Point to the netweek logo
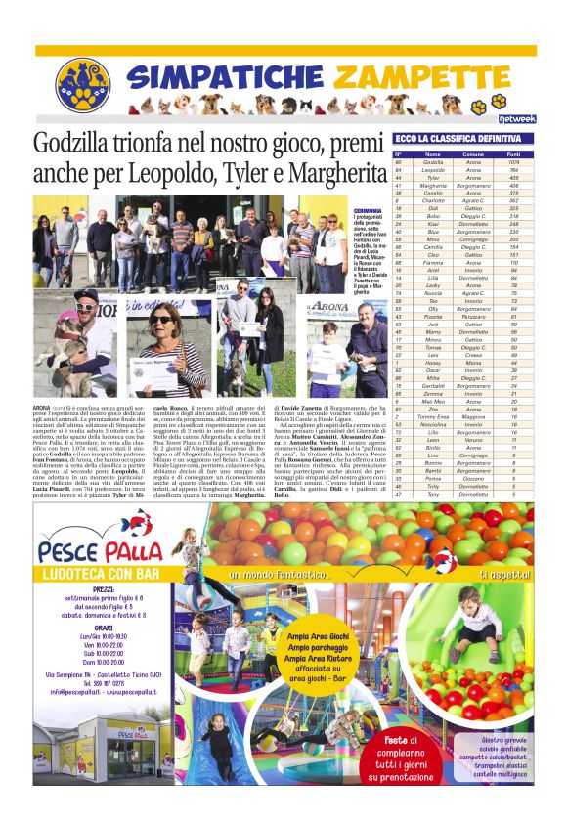click(517, 118)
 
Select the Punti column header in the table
click(513, 154)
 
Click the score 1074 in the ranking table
click(513, 162)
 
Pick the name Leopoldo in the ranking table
click(433, 170)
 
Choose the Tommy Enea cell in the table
click(433, 416)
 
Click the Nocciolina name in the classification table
click(433, 424)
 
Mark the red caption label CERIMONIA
click(369, 210)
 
